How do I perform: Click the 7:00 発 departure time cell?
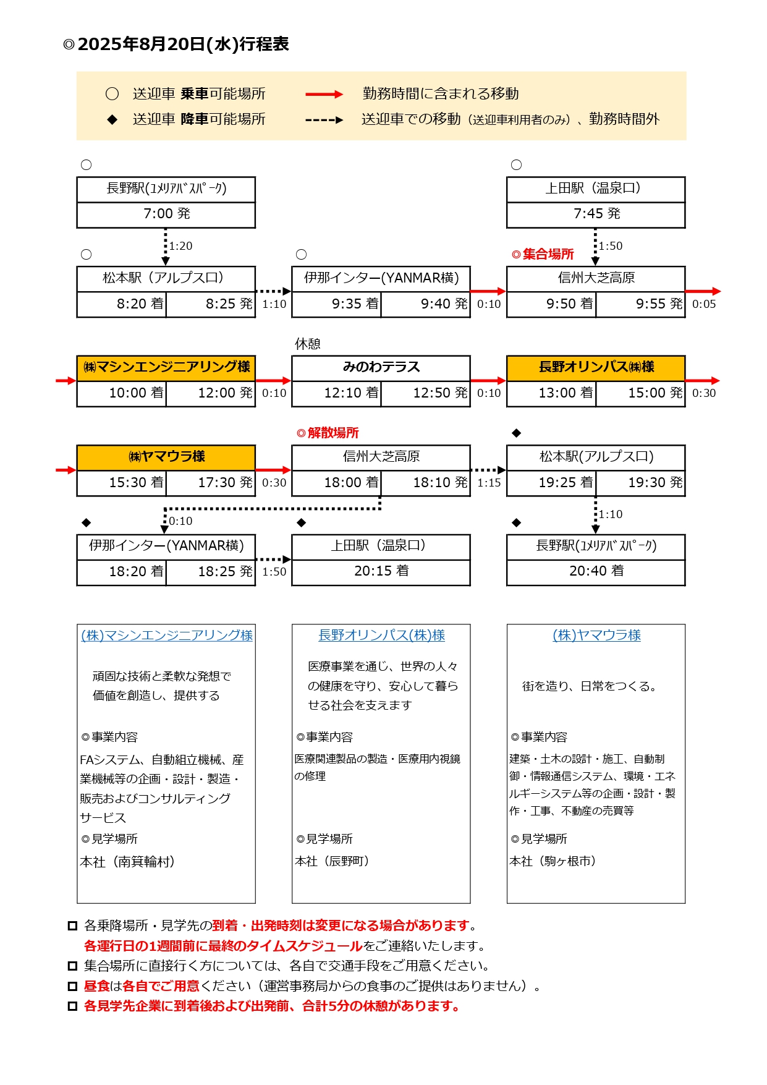(x=166, y=214)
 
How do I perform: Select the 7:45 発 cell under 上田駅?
(x=596, y=214)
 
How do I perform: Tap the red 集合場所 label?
(x=548, y=254)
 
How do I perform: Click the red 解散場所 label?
(x=333, y=433)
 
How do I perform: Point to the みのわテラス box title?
(x=381, y=367)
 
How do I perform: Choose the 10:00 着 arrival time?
(x=136, y=393)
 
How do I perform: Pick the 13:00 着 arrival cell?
(x=566, y=393)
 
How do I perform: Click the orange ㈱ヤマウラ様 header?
(x=166, y=457)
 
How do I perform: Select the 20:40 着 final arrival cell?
(x=596, y=571)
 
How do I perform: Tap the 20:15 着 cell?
(x=381, y=571)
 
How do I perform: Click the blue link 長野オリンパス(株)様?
(x=381, y=636)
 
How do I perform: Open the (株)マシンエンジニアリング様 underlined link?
(x=167, y=636)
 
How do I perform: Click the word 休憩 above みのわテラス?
(x=308, y=344)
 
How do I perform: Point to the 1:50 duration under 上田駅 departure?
(x=611, y=246)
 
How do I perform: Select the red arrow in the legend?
(x=324, y=95)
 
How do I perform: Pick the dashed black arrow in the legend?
(x=324, y=120)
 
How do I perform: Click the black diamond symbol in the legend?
(x=112, y=120)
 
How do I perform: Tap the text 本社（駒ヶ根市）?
(x=553, y=861)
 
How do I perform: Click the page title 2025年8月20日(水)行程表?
(x=183, y=45)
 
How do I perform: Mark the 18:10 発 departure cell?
(x=440, y=483)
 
